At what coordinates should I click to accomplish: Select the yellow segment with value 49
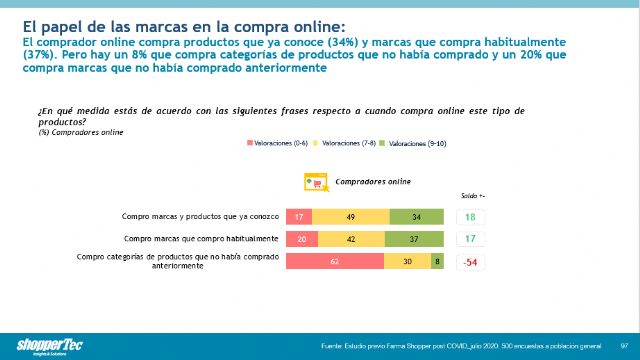coord(351,217)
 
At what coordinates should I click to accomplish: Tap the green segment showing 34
coord(415,217)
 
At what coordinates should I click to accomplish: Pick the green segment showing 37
coord(413,239)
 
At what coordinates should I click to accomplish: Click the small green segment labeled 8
coord(436,261)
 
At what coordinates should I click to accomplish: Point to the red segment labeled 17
coord(298,217)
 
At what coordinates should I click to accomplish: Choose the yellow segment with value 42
coord(350,239)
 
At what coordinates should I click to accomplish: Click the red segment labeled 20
coord(300,239)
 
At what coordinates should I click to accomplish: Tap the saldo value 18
coord(470,217)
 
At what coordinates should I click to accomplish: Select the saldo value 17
coord(470,239)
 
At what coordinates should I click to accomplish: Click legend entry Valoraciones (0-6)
coord(280,144)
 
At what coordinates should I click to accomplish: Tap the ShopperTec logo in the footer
coord(32,338)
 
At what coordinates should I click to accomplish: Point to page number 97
coord(623,347)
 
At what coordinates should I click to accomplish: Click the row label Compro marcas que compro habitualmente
coord(200,239)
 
